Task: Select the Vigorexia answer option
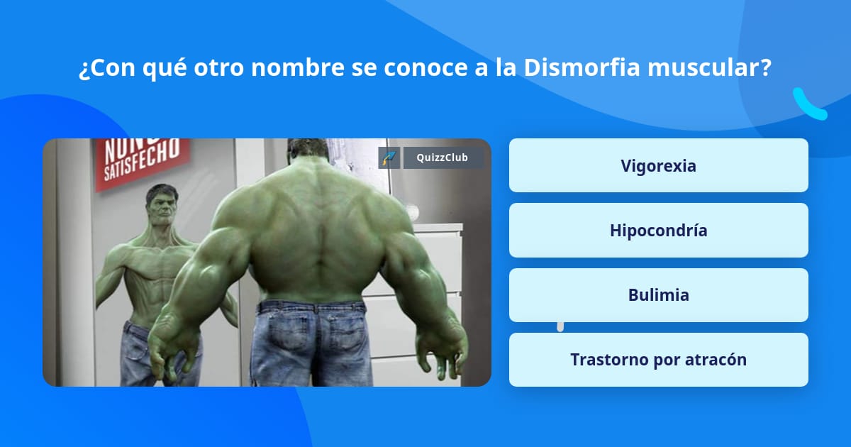pyautogui.click(x=658, y=165)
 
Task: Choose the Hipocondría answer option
pyautogui.click(x=658, y=230)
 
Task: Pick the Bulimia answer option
pyautogui.click(x=658, y=295)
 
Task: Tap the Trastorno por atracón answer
pyautogui.click(x=658, y=360)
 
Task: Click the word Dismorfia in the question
pyautogui.click(x=582, y=67)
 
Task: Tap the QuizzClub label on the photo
pyautogui.click(x=443, y=158)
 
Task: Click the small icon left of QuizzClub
pyautogui.click(x=389, y=158)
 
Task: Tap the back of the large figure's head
pyautogui.click(x=307, y=150)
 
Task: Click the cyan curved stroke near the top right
pyautogui.click(x=807, y=105)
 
